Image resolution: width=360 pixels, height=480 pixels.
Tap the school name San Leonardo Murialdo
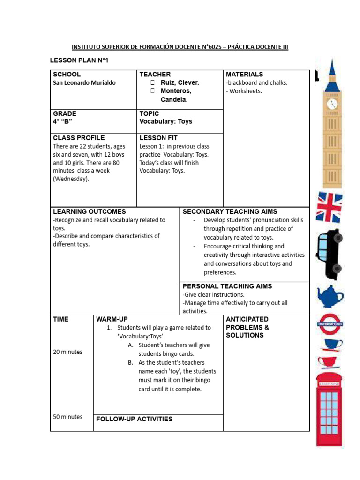click(84, 83)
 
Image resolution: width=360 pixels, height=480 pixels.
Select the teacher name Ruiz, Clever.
click(180, 82)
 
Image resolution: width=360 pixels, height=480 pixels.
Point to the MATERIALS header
click(244, 74)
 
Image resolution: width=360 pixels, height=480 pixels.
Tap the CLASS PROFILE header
click(79, 138)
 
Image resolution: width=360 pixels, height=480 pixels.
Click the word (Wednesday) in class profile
click(71, 179)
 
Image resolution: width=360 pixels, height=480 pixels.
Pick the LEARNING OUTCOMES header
click(90, 211)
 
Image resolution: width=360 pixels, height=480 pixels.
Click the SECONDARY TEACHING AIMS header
click(230, 211)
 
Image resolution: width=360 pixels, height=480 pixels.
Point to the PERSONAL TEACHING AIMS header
click(227, 286)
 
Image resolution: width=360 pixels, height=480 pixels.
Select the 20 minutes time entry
click(67, 352)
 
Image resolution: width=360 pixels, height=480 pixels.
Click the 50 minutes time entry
click(67, 417)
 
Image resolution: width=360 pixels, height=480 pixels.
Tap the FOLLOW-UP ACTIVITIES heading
click(134, 419)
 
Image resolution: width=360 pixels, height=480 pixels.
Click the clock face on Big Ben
click(332, 104)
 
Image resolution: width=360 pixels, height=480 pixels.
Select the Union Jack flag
click(330, 207)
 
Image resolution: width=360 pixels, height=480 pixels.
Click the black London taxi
click(330, 253)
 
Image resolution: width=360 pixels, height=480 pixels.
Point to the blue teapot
click(330, 296)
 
